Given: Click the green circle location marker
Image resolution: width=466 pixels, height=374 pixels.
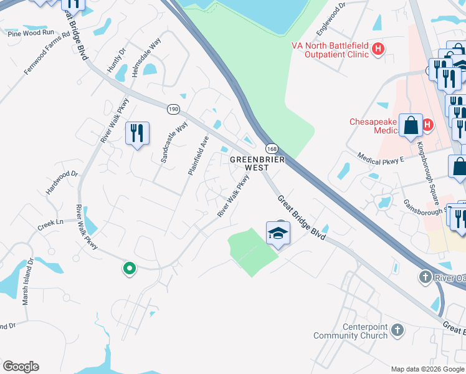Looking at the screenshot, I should (x=129, y=269).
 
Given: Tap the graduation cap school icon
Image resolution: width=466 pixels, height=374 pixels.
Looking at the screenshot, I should (x=278, y=234).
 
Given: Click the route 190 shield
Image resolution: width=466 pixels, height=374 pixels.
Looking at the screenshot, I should (x=173, y=109).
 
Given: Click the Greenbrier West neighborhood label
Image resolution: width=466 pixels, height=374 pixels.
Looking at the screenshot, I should (x=257, y=164).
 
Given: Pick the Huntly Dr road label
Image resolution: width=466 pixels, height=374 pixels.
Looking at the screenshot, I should (x=117, y=60).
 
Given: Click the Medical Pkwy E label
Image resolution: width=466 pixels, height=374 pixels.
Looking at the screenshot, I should (x=381, y=157).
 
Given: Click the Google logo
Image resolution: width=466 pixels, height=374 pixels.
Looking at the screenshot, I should (x=21, y=367).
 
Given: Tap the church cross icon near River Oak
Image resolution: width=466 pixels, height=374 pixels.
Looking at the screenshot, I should (x=425, y=276).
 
